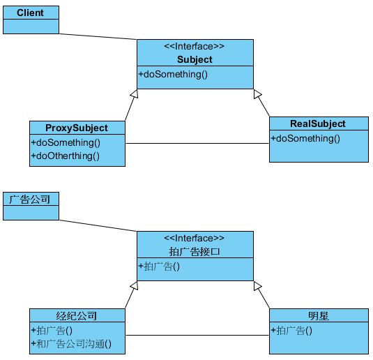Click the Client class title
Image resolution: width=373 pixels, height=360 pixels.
pos(30,13)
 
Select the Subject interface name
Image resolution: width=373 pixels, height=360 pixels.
pos(195,59)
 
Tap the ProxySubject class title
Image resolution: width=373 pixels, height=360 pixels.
pos(77,128)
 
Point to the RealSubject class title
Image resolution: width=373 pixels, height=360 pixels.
pos(318,123)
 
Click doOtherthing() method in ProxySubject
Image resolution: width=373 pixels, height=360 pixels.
pos(66,156)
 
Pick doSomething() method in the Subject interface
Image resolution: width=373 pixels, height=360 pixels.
pos(173,74)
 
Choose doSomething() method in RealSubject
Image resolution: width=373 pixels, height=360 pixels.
pos(305,139)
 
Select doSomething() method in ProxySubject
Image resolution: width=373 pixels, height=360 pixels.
pos(66,143)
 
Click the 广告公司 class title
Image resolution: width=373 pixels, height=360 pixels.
pos(30,200)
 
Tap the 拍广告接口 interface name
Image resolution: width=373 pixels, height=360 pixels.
pos(195,252)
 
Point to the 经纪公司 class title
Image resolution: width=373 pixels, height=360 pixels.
pos(77,316)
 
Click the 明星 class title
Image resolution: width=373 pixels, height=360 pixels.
pos(319,316)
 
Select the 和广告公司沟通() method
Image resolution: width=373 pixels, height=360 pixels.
pos(71,344)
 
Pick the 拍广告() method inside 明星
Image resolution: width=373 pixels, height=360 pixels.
pos(291,331)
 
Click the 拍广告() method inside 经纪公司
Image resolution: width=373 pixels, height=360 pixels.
pos(52,331)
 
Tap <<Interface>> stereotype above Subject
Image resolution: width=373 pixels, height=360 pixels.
pos(194,47)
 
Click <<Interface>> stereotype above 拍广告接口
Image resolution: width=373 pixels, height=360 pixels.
pos(194,239)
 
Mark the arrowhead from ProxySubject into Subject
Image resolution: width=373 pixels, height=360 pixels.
pos(135,93)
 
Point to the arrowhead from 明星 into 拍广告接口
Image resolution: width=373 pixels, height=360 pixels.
pos(257,286)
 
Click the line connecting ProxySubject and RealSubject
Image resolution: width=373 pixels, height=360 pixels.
pos(197,143)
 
